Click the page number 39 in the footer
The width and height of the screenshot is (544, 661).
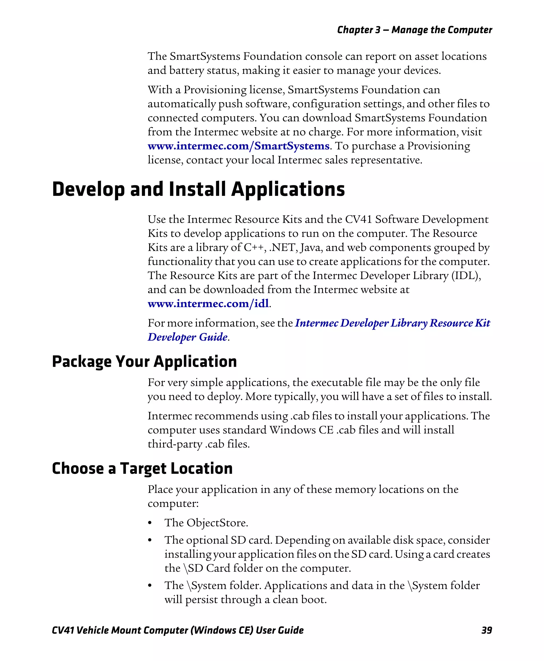(486, 630)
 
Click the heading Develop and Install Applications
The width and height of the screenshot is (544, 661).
(198, 190)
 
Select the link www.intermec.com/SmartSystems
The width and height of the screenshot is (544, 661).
(238, 146)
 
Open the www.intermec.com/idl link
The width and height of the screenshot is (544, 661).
(209, 304)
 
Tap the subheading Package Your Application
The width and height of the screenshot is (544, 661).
(144, 361)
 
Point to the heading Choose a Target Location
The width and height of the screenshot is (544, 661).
(142, 469)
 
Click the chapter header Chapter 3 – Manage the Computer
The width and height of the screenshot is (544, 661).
(414, 30)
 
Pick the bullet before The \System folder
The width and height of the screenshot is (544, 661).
(150, 586)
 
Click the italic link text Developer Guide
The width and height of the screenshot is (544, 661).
(187, 337)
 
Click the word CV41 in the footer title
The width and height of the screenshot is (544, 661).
(63, 630)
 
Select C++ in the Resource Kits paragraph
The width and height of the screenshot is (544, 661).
(253, 247)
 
